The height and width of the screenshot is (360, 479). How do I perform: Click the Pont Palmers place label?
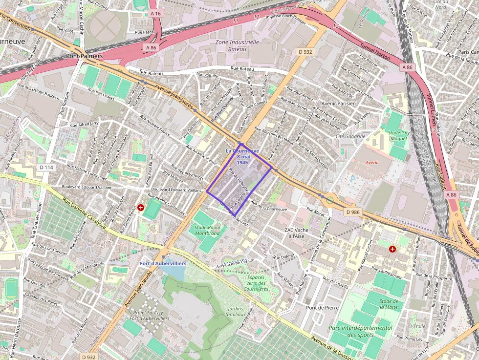(84, 56)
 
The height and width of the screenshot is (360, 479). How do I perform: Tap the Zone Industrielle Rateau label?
(237, 45)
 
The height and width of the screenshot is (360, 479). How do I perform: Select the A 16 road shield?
(155, 14)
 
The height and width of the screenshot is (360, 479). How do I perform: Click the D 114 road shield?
(45, 168)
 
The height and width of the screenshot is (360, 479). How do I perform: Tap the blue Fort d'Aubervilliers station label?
(163, 263)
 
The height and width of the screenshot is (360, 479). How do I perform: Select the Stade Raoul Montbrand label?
(207, 230)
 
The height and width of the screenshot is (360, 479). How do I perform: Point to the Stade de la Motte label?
(388, 304)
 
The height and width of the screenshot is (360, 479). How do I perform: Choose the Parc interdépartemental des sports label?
(361, 331)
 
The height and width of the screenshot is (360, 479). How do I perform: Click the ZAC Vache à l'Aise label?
(297, 233)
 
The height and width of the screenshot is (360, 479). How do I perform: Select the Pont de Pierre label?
(322, 308)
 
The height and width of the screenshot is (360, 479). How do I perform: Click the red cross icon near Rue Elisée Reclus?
(141, 208)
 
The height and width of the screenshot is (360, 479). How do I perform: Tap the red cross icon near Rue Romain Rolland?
(392, 249)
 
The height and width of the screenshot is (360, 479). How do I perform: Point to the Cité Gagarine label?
(350, 136)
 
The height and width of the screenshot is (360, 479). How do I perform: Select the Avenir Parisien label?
(338, 103)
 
